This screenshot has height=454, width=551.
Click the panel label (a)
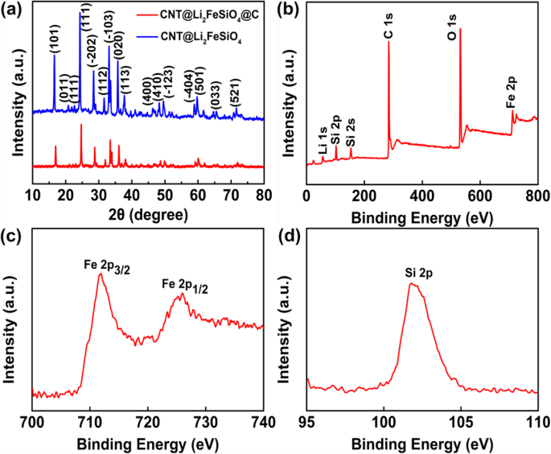tap(13, 10)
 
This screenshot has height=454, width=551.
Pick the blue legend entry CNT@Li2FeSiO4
tap(209, 35)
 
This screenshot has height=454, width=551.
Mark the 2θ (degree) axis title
tap(148, 217)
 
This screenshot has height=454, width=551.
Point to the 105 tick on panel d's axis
tap(461, 421)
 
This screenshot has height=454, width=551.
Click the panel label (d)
tap(288, 237)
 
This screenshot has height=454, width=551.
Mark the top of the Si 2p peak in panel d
tap(413, 283)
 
